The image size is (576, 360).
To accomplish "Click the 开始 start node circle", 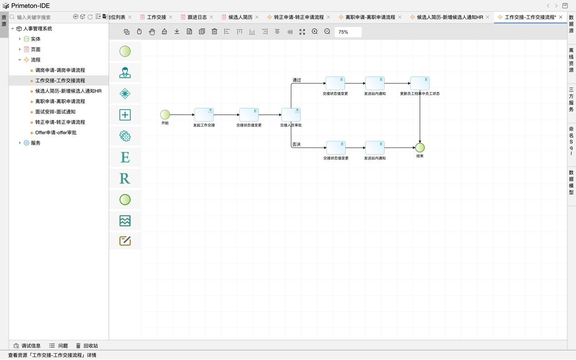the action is pyautogui.click(x=165, y=115).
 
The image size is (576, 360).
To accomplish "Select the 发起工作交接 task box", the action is pyautogui.click(x=204, y=115).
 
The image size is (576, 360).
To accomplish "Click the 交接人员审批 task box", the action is pyautogui.click(x=291, y=115).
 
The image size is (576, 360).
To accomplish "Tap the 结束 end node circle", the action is pyautogui.click(x=420, y=148).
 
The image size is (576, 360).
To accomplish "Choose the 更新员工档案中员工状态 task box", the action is pyautogui.click(x=420, y=83).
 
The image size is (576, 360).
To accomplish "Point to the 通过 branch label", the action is pyautogui.click(x=297, y=80).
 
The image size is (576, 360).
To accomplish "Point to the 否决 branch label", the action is pyautogui.click(x=296, y=144).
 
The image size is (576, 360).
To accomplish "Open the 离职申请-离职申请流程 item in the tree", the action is pyautogui.click(x=60, y=101).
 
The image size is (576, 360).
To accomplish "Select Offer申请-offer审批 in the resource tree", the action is pyautogui.click(x=55, y=132).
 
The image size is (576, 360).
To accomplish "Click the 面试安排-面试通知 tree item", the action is pyautogui.click(x=55, y=112).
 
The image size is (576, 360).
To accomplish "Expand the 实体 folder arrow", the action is pyautogui.click(x=20, y=39).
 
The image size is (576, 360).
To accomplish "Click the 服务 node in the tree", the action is pyautogui.click(x=35, y=143).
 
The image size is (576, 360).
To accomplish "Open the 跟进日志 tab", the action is pyautogui.click(x=197, y=17).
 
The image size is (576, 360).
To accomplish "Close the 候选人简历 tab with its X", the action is pyautogui.click(x=257, y=17).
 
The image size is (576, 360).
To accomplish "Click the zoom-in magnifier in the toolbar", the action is pyautogui.click(x=314, y=32).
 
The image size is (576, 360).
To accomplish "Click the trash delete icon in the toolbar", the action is pyautogui.click(x=214, y=32).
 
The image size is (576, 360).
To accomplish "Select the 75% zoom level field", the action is pyautogui.click(x=348, y=32).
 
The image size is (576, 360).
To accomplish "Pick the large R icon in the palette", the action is pyautogui.click(x=125, y=179).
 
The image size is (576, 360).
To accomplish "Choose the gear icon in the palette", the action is pyautogui.click(x=125, y=136).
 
